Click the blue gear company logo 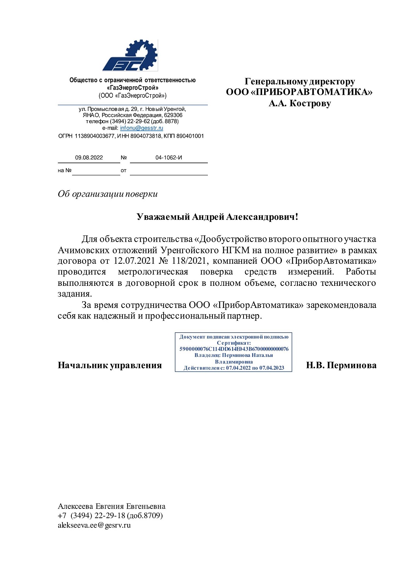(130, 56)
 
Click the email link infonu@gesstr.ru (142, 128)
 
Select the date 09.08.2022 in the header (89, 158)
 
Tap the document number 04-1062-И (169, 158)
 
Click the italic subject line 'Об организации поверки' (107, 194)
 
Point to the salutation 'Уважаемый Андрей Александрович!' (217, 217)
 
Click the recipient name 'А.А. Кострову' (299, 103)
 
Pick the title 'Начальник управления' (110, 365)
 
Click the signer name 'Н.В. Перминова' (341, 365)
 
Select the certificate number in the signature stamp (234, 349)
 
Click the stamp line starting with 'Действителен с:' (234, 368)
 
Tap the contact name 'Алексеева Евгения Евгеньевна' (112, 506)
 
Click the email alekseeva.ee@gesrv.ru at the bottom (94, 525)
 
